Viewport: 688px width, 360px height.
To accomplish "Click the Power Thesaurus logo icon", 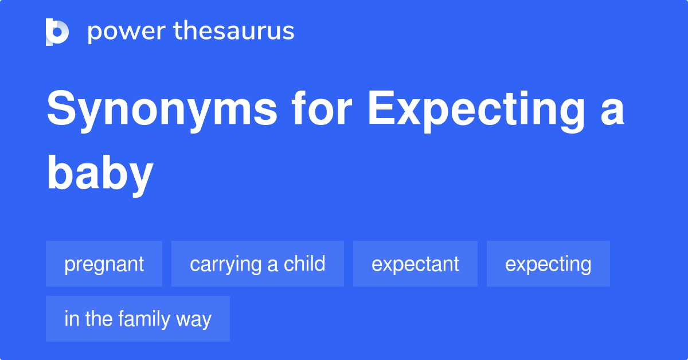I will pyautogui.click(x=57, y=32).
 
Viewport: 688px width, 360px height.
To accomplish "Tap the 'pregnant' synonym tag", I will pyautogui.click(x=104, y=264).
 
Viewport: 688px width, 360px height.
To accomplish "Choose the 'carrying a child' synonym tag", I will pyautogui.click(x=257, y=264).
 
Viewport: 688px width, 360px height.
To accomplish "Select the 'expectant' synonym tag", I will pyautogui.click(x=415, y=264).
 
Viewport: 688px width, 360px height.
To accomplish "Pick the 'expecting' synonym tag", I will pyautogui.click(x=548, y=264).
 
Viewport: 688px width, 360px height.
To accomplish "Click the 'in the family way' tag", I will pyautogui.click(x=138, y=319).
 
